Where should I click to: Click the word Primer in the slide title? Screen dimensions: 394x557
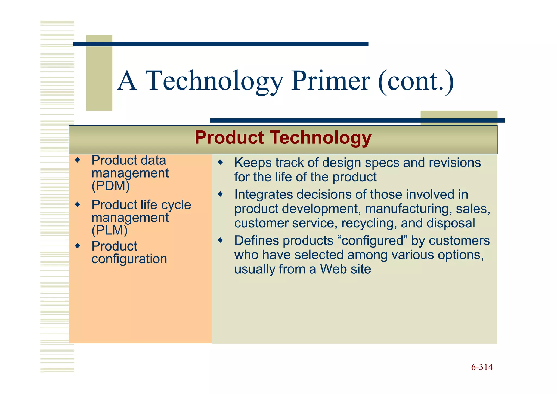coord(330,81)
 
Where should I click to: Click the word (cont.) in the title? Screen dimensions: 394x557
coord(416,81)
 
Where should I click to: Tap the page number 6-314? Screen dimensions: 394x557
coord(482,367)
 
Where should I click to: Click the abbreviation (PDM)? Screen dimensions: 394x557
coord(111,186)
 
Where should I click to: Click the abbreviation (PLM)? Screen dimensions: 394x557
coord(110,230)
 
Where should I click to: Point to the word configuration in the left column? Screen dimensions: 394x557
coord(129,259)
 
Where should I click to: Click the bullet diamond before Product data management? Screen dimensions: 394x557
coord(78,160)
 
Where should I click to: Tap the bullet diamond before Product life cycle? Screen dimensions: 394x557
coord(78,204)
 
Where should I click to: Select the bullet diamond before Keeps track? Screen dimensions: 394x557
coord(220,163)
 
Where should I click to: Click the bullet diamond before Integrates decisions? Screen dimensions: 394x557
coord(220,194)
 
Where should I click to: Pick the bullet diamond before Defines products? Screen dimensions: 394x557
coord(220,240)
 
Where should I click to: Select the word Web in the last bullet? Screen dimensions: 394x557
coord(333,269)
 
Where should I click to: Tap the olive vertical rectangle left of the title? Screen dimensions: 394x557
coord(99,73)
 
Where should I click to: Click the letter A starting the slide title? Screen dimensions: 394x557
coord(127,81)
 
